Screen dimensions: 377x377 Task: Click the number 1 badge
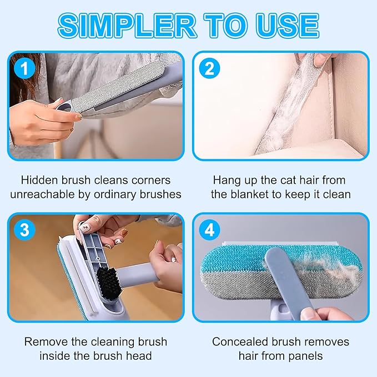pyautogui.click(x=24, y=68)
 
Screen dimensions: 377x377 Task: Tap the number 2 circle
pyautogui.click(x=209, y=68)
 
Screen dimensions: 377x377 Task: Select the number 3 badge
pyautogui.click(x=24, y=230)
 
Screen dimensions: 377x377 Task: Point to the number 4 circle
pyautogui.click(x=209, y=230)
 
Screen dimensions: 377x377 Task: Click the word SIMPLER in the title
pyautogui.click(x=127, y=26)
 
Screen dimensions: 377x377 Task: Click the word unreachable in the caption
pyautogui.click(x=42, y=194)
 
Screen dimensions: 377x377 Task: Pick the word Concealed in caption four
pyautogui.click(x=240, y=341)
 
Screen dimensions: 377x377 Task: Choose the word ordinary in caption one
pyautogui.click(x=115, y=194)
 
